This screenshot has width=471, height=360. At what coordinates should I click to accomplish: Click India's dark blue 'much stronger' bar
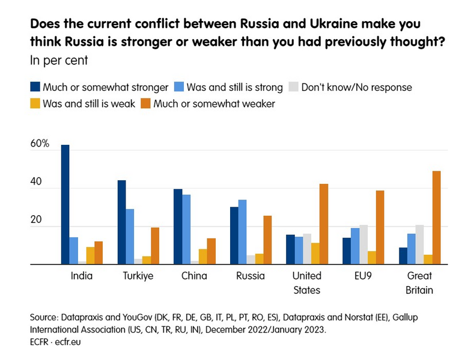[x=65, y=204]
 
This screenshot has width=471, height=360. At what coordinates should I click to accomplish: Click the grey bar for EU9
[x=363, y=245]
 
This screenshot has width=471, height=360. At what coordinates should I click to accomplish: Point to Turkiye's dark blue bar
[x=121, y=222]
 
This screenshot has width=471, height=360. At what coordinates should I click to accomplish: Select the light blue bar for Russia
[x=242, y=232]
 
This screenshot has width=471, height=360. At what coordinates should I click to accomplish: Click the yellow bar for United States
[x=315, y=253]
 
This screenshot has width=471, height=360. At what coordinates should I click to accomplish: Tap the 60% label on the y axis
[x=40, y=144]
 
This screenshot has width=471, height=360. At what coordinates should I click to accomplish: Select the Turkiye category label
[x=138, y=276]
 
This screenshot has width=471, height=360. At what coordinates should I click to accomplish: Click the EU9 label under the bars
[x=363, y=276]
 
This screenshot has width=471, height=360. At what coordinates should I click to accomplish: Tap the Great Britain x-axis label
[x=420, y=283]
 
